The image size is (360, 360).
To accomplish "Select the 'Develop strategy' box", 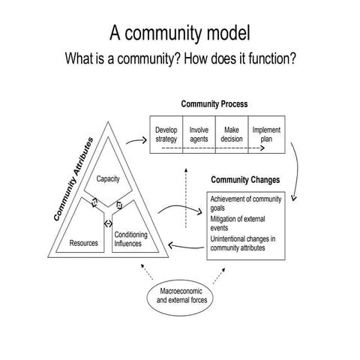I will [166, 134].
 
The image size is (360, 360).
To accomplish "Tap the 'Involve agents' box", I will [199, 134].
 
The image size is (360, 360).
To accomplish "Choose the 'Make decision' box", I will [232, 134].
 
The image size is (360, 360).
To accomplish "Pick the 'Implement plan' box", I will [265, 134].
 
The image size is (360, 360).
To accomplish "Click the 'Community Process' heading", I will [214, 103].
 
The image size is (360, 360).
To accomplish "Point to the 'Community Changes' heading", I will [246, 180].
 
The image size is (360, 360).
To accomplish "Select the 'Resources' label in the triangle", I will [84, 243].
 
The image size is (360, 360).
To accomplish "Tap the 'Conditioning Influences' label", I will [130, 238].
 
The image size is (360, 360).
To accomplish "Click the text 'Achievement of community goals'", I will [245, 202].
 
